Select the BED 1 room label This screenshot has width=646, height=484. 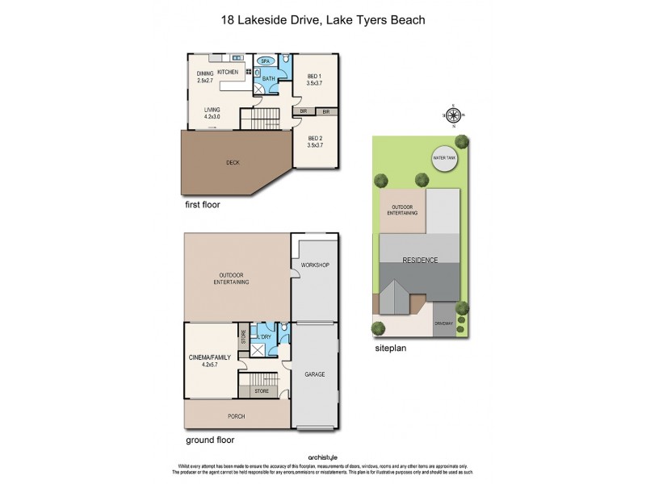(x=315, y=80)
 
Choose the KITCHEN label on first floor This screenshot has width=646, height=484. (x=228, y=73)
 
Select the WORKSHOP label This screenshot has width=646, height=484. (x=316, y=265)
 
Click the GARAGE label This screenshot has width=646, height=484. (x=315, y=376)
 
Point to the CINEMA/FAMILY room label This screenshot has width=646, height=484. (x=211, y=359)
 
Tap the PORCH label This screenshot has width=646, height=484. (x=236, y=416)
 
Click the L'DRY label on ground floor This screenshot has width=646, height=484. (x=263, y=336)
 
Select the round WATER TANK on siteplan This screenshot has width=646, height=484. (x=445, y=158)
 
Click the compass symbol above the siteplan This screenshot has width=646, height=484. (x=453, y=116)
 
